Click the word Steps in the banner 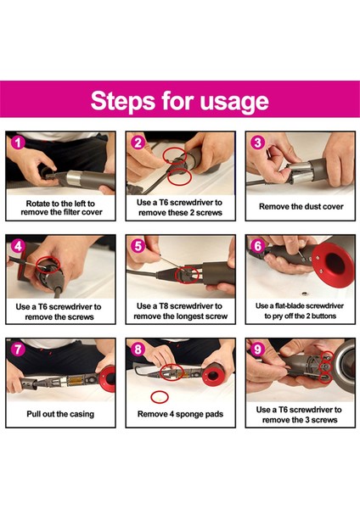point(123,101)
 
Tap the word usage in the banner point(234,103)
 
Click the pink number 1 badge point(18,143)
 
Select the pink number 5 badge point(138,246)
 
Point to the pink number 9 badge point(257,350)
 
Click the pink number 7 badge point(18,350)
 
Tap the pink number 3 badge point(257,143)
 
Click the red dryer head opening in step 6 point(335,265)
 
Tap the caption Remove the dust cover point(301,206)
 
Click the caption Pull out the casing point(60,414)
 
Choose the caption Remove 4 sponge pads point(180,414)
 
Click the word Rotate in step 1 point(37,204)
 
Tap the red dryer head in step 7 point(108,378)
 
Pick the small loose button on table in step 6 point(304,294)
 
